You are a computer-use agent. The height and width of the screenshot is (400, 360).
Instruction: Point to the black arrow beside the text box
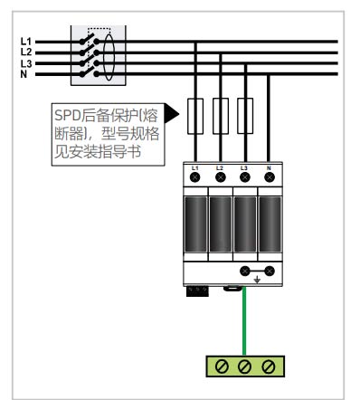coord(173,116)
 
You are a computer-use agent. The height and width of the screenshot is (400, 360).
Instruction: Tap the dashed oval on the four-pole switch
coord(108,55)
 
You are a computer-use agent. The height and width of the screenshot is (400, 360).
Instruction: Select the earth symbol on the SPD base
coord(257,280)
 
